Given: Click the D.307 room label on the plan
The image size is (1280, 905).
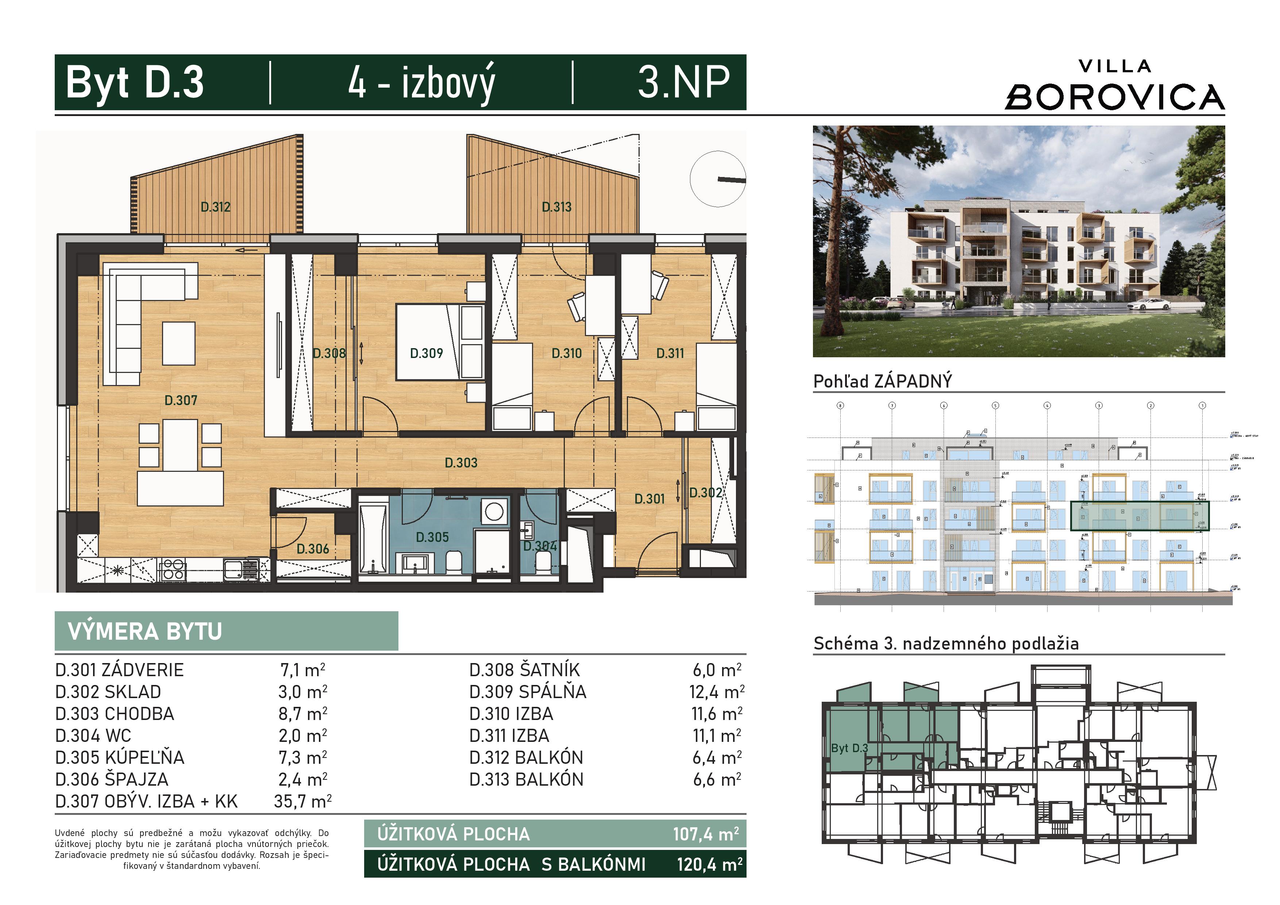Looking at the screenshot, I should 181,400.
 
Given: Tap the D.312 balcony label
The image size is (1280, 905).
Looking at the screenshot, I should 215,207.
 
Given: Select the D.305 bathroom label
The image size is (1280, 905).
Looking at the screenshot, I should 432,537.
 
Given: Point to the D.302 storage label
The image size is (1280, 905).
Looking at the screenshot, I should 705,492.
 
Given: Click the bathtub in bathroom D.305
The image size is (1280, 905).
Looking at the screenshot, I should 373,539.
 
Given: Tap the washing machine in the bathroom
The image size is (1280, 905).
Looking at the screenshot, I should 493,511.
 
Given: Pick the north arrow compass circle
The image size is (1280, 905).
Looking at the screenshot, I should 717,179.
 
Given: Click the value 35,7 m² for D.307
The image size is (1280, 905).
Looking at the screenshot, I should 302,801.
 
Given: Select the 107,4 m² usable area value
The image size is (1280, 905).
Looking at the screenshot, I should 705,834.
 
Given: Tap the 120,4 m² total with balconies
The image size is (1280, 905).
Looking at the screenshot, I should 709,864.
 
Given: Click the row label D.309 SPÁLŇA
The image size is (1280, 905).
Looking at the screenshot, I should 527,692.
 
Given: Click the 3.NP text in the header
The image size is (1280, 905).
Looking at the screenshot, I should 683,82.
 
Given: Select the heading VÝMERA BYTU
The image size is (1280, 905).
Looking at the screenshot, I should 145,631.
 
